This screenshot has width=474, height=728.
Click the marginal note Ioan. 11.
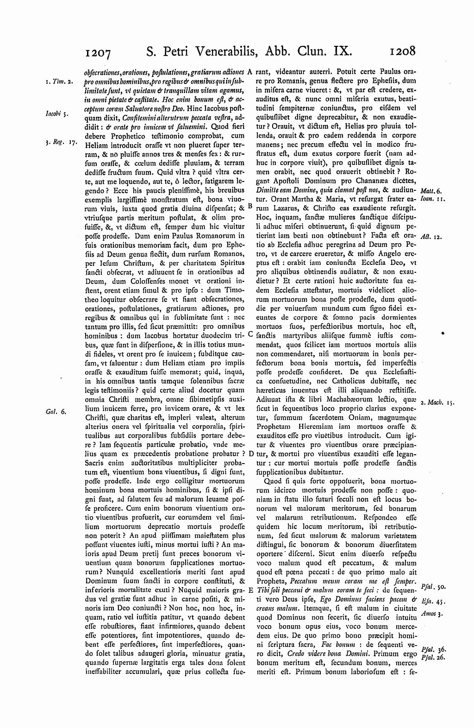point(432,199)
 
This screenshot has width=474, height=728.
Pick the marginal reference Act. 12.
point(433,236)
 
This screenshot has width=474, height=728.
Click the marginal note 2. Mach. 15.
point(437,403)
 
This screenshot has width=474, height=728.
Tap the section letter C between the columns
point(250,333)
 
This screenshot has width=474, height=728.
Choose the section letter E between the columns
point(250,590)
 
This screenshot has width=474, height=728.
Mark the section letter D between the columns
point(250,453)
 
